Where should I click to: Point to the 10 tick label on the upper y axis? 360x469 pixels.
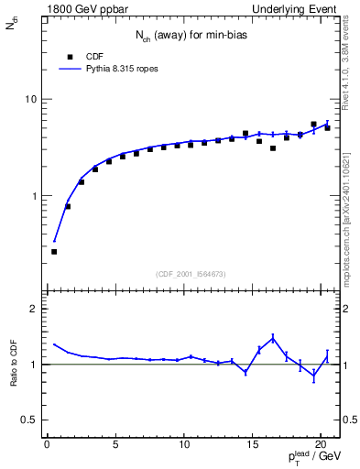pos(29,99)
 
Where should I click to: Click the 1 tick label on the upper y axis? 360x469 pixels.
pos(32,196)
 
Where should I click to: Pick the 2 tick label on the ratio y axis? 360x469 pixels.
pos(32,309)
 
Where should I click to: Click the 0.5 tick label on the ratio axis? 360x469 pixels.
pos(27,420)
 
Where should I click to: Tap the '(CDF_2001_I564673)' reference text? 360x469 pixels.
pos(191,273)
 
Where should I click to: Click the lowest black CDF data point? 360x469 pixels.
pos(54,252)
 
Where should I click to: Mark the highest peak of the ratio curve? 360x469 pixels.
pos(273,337)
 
